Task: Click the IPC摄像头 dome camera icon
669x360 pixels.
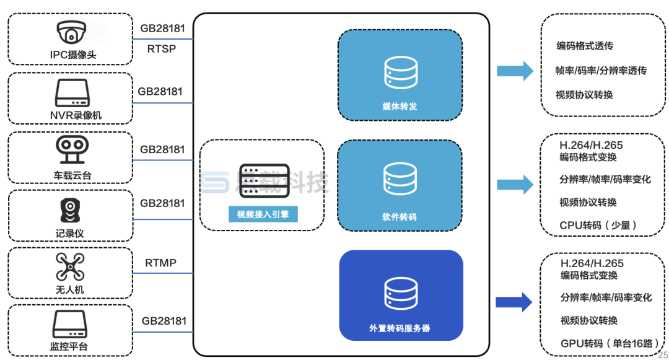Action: click(71, 32)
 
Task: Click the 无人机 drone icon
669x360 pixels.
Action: click(70, 266)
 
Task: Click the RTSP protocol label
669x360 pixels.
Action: click(162, 49)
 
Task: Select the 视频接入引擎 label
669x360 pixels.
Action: click(262, 215)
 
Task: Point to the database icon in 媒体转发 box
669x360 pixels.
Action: click(400, 72)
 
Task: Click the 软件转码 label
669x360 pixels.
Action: click(400, 217)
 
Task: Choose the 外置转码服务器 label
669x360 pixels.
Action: click(400, 328)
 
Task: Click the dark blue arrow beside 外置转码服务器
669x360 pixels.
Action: click(514, 302)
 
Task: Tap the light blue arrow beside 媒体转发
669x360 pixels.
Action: click(515, 71)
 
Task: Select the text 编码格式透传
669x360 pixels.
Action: click(585, 46)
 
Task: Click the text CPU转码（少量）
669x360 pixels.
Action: click(598, 226)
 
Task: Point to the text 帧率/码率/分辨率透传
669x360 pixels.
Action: click(601, 71)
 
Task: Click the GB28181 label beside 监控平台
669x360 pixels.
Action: click(164, 321)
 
